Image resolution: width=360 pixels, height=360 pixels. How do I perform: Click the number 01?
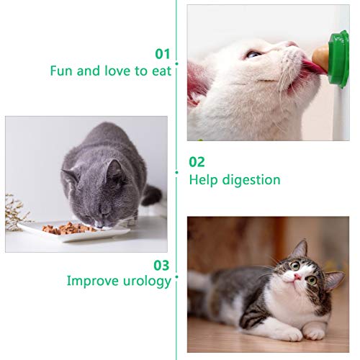pyautogui.click(x=163, y=54)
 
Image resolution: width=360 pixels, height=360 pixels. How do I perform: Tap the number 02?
pyautogui.click(x=197, y=162)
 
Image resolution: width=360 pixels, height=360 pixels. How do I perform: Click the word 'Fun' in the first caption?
pyautogui.click(x=62, y=71)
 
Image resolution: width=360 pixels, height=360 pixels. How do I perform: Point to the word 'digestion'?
pyautogui.click(x=251, y=180)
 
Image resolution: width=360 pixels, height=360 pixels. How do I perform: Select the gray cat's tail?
pyautogui.click(x=152, y=194)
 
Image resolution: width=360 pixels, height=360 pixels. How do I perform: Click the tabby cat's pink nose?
pyautogui.click(x=297, y=278)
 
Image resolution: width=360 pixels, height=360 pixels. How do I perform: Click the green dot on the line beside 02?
pyautogui.click(x=176, y=172)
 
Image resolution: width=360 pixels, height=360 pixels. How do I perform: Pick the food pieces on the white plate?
pyautogui.click(x=68, y=228)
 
